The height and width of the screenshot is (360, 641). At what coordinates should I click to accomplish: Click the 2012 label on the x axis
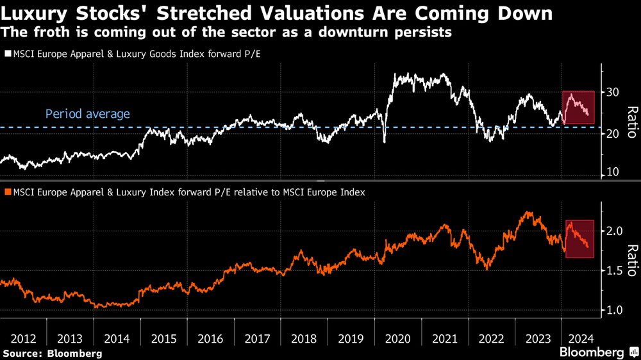(x=22, y=338)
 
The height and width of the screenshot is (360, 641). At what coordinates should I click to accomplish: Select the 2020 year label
(x=398, y=338)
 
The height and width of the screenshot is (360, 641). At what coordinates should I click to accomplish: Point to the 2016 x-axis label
(x=210, y=338)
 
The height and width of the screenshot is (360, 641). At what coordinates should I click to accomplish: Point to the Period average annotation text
(x=87, y=115)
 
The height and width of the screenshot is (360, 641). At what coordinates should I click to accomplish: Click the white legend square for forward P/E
(x=8, y=55)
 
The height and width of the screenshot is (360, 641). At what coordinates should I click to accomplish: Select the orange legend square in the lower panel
(x=8, y=192)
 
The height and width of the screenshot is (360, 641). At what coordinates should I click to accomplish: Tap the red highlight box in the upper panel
(x=578, y=108)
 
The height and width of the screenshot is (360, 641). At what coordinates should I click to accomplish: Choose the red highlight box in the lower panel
(x=580, y=239)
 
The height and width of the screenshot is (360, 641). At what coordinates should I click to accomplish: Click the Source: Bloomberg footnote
(x=52, y=353)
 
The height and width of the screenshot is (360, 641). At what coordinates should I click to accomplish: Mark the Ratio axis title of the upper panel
(x=631, y=122)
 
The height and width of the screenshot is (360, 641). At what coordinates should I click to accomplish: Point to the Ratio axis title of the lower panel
(x=631, y=261)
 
